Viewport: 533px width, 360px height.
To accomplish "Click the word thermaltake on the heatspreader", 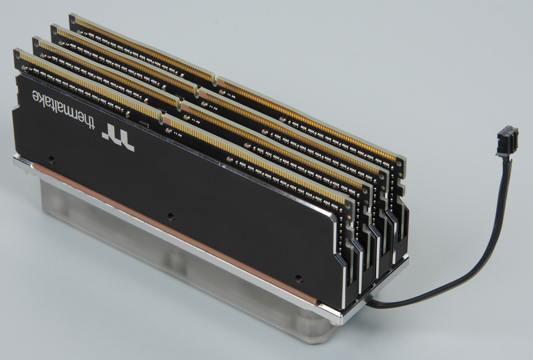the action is tap(64, 109).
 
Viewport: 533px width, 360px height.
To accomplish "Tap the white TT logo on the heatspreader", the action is tap(118, 137).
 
